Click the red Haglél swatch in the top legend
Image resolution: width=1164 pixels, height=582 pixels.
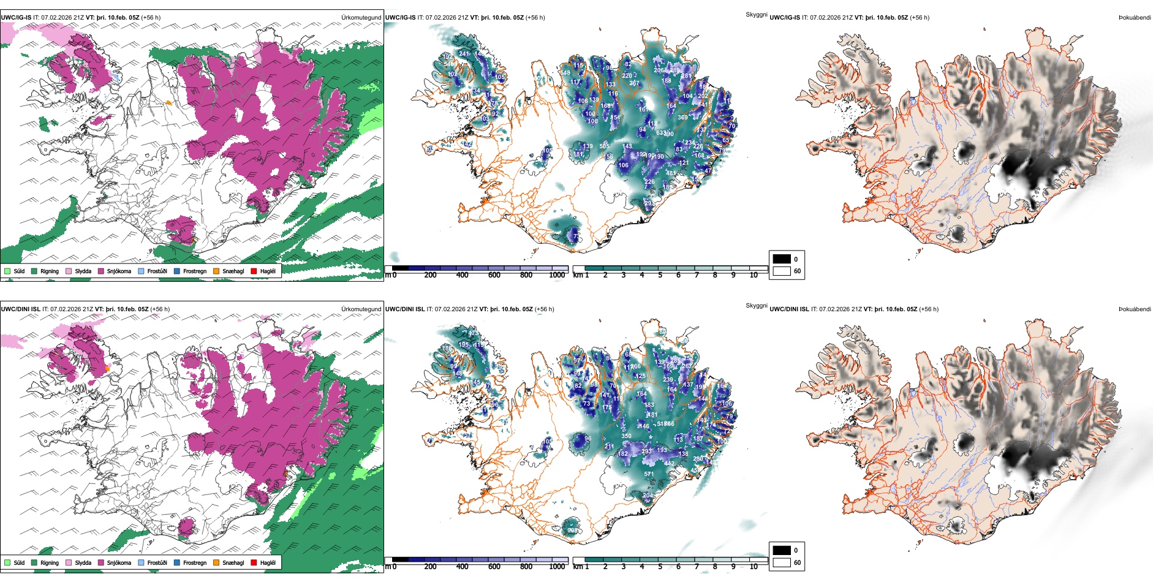coord(254,271)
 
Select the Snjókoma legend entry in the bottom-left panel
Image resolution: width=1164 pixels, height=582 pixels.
coord(119,562)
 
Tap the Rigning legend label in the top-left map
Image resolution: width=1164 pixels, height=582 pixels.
coord(50,271)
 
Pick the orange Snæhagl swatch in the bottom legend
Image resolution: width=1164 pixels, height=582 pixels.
coord(216,562)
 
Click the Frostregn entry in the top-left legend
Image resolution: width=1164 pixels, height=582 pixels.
coord(194,271)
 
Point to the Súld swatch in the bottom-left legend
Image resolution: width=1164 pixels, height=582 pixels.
coord(7,562)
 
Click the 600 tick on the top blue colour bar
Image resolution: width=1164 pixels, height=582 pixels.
coord(494,275)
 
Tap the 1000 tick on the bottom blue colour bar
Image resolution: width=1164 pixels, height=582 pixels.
coord(557,567)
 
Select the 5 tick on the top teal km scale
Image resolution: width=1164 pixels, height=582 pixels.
coord(660,275)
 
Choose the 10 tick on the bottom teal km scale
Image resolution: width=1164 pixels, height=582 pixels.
coord(754,567)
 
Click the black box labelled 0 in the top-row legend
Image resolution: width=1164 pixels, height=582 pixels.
coord(782,259)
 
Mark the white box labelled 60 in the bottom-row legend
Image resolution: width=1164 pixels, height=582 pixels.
coord(782,562)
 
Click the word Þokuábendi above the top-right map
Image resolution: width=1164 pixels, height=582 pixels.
coord(1135,18)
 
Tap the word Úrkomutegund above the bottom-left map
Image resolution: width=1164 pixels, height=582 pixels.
coord(361,309)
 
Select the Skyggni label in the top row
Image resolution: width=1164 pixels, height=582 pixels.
coord(757,15)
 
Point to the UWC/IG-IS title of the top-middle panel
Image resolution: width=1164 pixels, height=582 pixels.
coord(400,18)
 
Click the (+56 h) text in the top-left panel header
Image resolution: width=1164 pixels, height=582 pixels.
coord(151,18)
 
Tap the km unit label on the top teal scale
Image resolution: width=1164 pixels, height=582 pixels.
coord(578,275)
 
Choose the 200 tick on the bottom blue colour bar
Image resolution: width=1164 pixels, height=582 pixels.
coord(430,567)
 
